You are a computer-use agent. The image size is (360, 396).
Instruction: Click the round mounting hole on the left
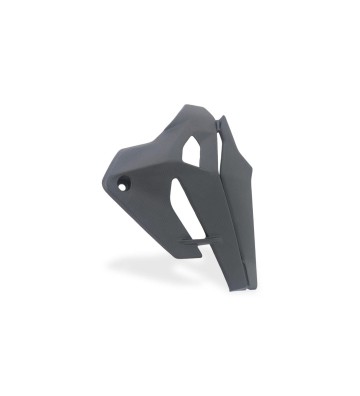click(123, 184)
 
